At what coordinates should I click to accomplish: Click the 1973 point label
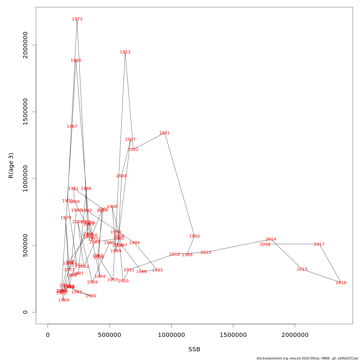77,19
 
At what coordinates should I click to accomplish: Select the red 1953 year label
125,52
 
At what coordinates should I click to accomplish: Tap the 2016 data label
341,283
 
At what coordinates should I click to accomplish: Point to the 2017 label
319,244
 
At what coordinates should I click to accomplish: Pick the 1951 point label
165,133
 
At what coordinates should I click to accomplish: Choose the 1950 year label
194,236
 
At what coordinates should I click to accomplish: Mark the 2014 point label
271,239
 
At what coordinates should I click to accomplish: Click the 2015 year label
302,269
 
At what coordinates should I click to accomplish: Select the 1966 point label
76,61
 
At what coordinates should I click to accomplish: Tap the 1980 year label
91,296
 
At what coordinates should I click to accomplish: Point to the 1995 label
157,270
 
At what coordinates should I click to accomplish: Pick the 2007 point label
130,139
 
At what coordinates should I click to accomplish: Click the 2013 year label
206,253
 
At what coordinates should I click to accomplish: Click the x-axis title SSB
194,349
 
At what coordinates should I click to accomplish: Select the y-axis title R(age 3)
11,165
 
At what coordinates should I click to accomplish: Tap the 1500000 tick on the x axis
233,335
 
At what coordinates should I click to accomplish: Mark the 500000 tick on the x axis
109,335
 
